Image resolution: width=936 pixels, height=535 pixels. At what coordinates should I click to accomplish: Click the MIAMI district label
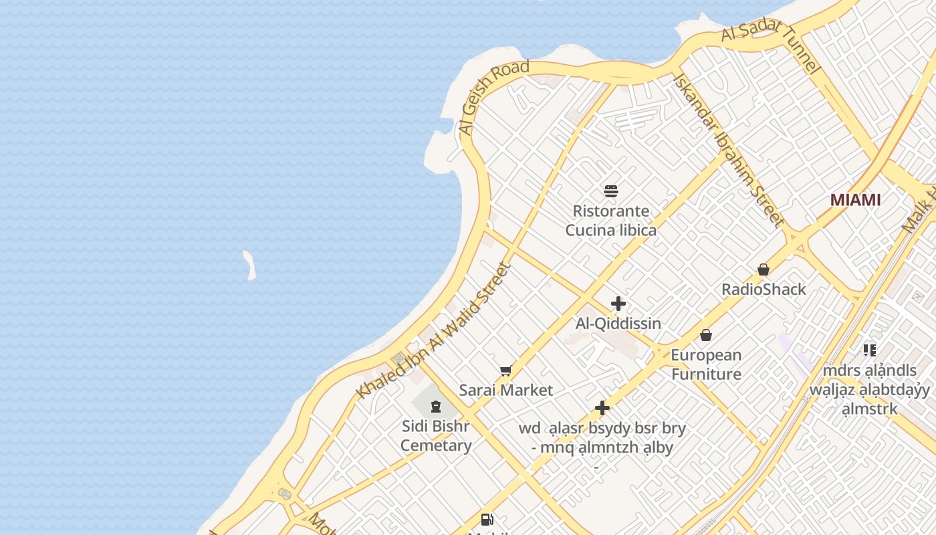(x=855, y=200)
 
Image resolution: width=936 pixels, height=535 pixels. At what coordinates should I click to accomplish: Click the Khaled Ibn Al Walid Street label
(x=435, y=331)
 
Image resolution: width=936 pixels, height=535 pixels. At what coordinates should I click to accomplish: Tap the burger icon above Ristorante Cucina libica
(x=610, y=191)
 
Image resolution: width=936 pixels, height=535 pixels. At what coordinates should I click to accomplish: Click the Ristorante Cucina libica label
(x=610, y=221)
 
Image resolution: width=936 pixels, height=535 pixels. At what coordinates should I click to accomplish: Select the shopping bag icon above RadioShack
(x=764, y=270)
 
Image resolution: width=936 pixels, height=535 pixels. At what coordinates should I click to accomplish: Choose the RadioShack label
(x=764, y=290)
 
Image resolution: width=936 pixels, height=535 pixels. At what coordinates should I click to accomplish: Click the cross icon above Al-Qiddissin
(x=618, y=304)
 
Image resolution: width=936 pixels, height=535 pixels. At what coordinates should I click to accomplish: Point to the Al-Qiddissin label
(x=618, y=324)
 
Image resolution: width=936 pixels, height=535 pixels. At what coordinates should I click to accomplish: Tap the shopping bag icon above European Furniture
(x=706, y=335)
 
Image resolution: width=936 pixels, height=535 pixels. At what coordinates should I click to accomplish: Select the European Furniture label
(x=706, y=364)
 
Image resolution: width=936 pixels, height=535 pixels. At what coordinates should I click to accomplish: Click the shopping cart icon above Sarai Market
(x=505, y=370)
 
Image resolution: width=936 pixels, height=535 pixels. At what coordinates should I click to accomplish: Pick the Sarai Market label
(x=505, y=391)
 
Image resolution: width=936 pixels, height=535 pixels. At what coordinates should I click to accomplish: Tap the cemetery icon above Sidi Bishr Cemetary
(x=436, y=406)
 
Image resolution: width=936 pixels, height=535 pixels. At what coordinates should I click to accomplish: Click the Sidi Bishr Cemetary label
(x=436, y=435)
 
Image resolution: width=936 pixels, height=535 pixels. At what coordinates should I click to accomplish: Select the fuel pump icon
(x=487, y=519)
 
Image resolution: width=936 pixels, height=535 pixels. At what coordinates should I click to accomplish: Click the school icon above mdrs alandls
(x=869, y=350)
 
